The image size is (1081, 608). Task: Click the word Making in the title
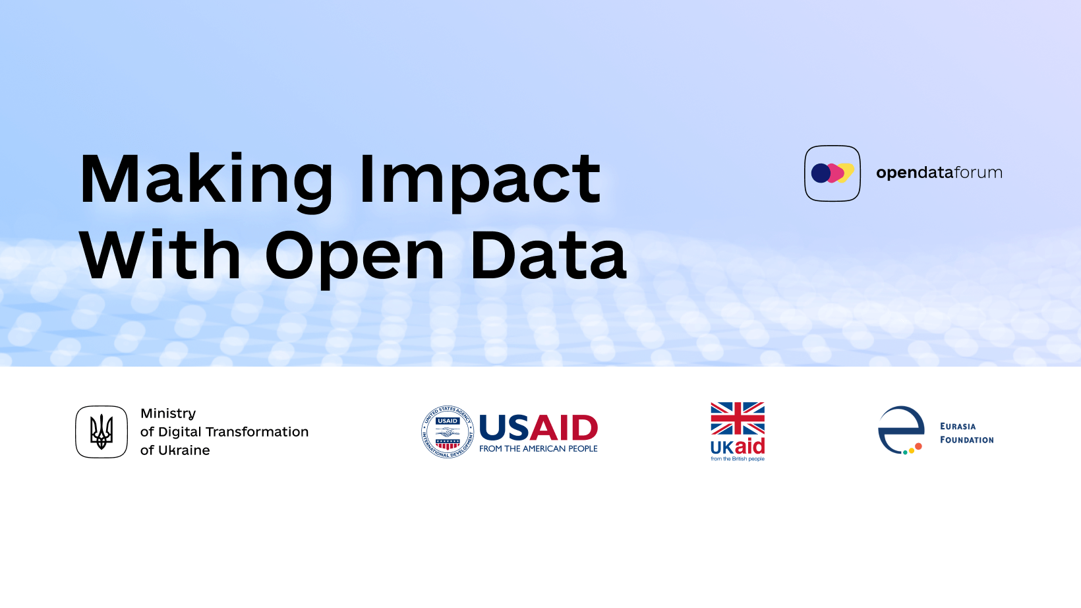(206, 181)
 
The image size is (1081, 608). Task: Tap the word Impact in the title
(480, 181)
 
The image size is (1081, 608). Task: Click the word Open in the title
(355, 258)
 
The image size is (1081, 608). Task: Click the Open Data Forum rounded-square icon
(833, 173)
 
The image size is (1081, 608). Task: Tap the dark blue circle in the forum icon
(821, 173)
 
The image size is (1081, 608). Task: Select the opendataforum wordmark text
(939, 173)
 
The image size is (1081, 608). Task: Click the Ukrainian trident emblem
(102, 432)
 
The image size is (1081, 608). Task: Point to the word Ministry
(168, 414)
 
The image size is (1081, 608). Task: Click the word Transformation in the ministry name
(260, 432)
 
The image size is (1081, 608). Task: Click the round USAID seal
(448, 432)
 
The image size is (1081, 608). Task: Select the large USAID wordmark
(539, 427)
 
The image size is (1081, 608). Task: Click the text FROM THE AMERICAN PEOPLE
(538, 448)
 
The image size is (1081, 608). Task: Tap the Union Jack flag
(738, 419)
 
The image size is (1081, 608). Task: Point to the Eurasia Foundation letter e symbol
(900, 430)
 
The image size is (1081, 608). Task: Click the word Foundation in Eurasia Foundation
(966, 440)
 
